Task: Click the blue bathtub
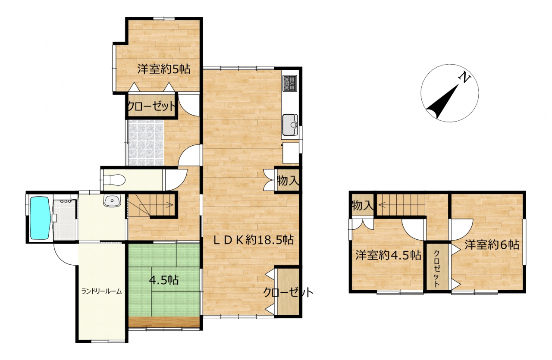click(x=40, y=218)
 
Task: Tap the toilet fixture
click(x=114, y=180)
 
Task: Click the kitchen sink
click(x=290, y=125)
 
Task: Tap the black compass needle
click(x=443, y=102)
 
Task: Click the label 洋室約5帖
click(x=164, y=69)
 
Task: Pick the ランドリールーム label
click(x=102, y=291)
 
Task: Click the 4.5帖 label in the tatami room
click(x=164, y=280)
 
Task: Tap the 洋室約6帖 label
click(x=492, y=245)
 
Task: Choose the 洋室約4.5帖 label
click(x=388, y=255)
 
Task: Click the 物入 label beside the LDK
click(x=288, y=181)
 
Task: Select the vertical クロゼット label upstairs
click(x=436, y=269)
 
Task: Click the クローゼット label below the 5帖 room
click(x=151, y=106)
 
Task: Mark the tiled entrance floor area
click(x=146, y=143)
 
